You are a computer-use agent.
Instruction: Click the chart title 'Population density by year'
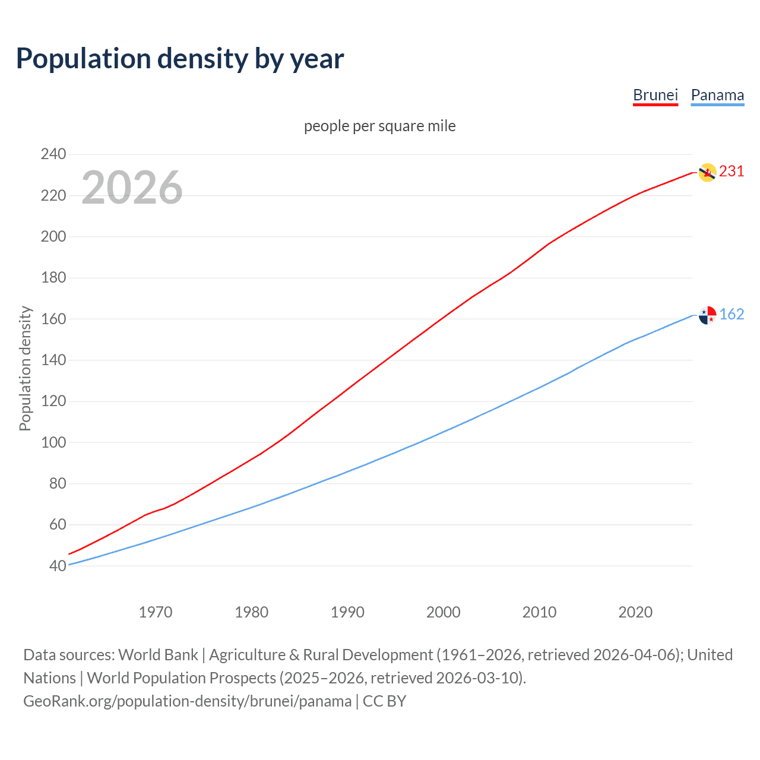pyautogui.click(x=180, y=59)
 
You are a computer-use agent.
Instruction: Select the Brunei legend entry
pyautogui.click(x=655, y=96)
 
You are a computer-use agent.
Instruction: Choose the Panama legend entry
pyautogui.click(x=717, y=96)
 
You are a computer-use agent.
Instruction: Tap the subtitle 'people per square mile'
pyautogui.click(x=380, y=126)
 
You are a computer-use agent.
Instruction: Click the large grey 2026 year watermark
pyautogui.click(x=132, y=188)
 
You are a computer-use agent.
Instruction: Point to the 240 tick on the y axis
pyautogui.click(x=53, y=154)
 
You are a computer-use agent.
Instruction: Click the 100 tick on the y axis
pyautogui.click(x=53, y=442)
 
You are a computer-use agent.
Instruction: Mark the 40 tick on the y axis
pyautogui.click(x=57, y=566)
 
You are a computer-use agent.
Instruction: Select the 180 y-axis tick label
pyautogui.click(x=53, y=278)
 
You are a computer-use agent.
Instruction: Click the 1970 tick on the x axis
pyautogui.click(x=156, y=612)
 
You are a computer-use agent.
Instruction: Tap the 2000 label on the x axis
pyautogui.click(x=444, y=612)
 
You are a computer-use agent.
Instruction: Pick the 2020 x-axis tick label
pyautogui.click(x=635, y=612)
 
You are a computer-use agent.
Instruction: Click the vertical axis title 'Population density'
pyautogui.click(x=25, y=368)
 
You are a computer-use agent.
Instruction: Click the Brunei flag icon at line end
pyautogui.click(x=707, y=172)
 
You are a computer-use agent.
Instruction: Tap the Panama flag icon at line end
pyautogui.click(x=707, y=315)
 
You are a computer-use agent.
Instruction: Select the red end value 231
pyautogui.click(x=731, y=172)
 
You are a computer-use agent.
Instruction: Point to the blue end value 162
pyautogui.click(x=731, y=315)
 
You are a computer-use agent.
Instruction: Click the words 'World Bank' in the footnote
pyautogui.click(x=158, y=655)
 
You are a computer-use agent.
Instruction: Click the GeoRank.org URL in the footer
pyautogui.click(x=187, y=701)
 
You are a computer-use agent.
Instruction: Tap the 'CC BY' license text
pyautogui.click(x=385, y=701)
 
